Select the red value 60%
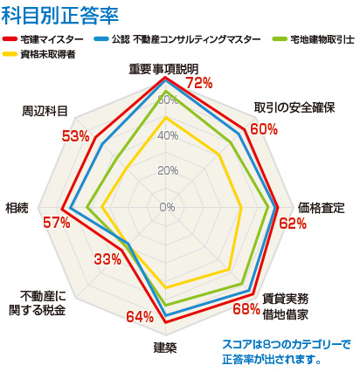point(263,129)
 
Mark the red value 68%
point(246,307)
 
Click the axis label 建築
point(165,348)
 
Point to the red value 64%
point(140,316)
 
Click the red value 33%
point(107,259)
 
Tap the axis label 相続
point(17,207)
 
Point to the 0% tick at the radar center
point(167,207)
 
